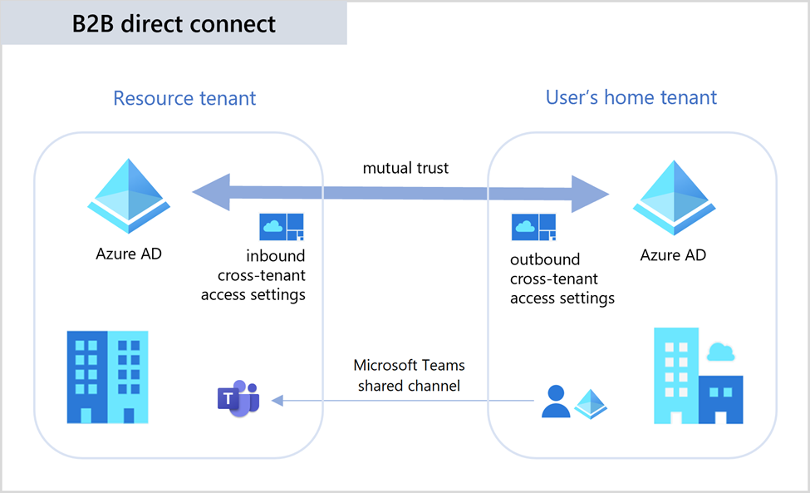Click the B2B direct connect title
tap(174, 23)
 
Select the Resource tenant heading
tap(184, 98)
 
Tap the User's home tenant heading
tap(631, 97)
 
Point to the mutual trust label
tap(405, 168)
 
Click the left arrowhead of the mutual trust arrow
tap(208, 193)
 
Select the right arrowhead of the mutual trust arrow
tap(594, 194)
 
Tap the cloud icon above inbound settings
tap(282, 227)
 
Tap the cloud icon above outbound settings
tap(534, 227)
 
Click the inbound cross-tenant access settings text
tap(253, 275)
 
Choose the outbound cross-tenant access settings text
tap(562, 279)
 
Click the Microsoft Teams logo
tap(238, 397)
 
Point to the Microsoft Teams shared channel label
tap(409, 375)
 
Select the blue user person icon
tap(555, 402)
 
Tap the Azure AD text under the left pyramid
tap(129, 254)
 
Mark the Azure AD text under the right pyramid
tap(673, 254)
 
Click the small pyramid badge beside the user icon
tap(591, 403)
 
